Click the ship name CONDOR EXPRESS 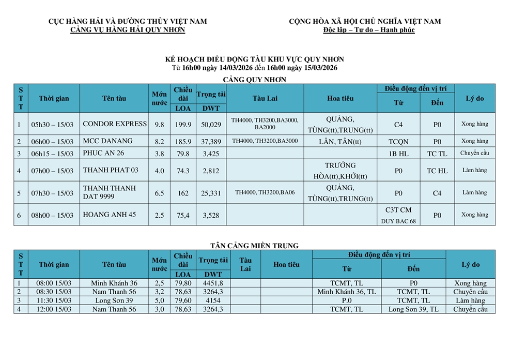(115, 124)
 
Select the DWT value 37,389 (211, 141)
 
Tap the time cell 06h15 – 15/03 (52, 154)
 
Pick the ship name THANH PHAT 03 (111, 170)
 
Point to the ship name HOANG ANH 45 (109, 215)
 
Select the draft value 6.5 (159, 193)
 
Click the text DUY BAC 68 (398, 221)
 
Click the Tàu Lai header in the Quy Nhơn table (265, 98)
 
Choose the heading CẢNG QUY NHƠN (254, 80)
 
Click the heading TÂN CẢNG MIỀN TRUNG (254, 246)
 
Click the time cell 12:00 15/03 (54, 309)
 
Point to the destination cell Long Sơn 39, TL (413, 309)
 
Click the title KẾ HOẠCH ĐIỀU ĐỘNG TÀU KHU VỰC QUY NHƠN (254, 59)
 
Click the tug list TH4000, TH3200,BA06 (265, 193)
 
